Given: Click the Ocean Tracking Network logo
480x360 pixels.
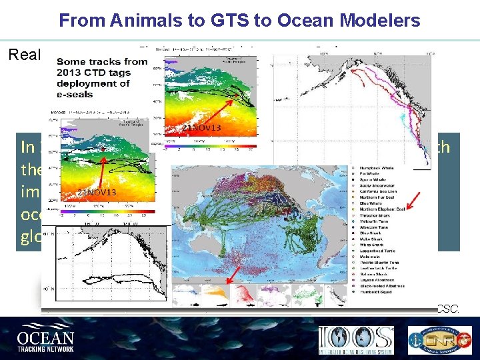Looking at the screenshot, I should (47, 336).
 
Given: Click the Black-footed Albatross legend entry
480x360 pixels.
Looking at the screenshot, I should (381, 287).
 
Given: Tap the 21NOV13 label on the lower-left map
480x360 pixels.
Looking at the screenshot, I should (96, 193).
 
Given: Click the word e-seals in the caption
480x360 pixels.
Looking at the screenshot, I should (79, 97).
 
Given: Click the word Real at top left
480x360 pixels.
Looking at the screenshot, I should (25, 54).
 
